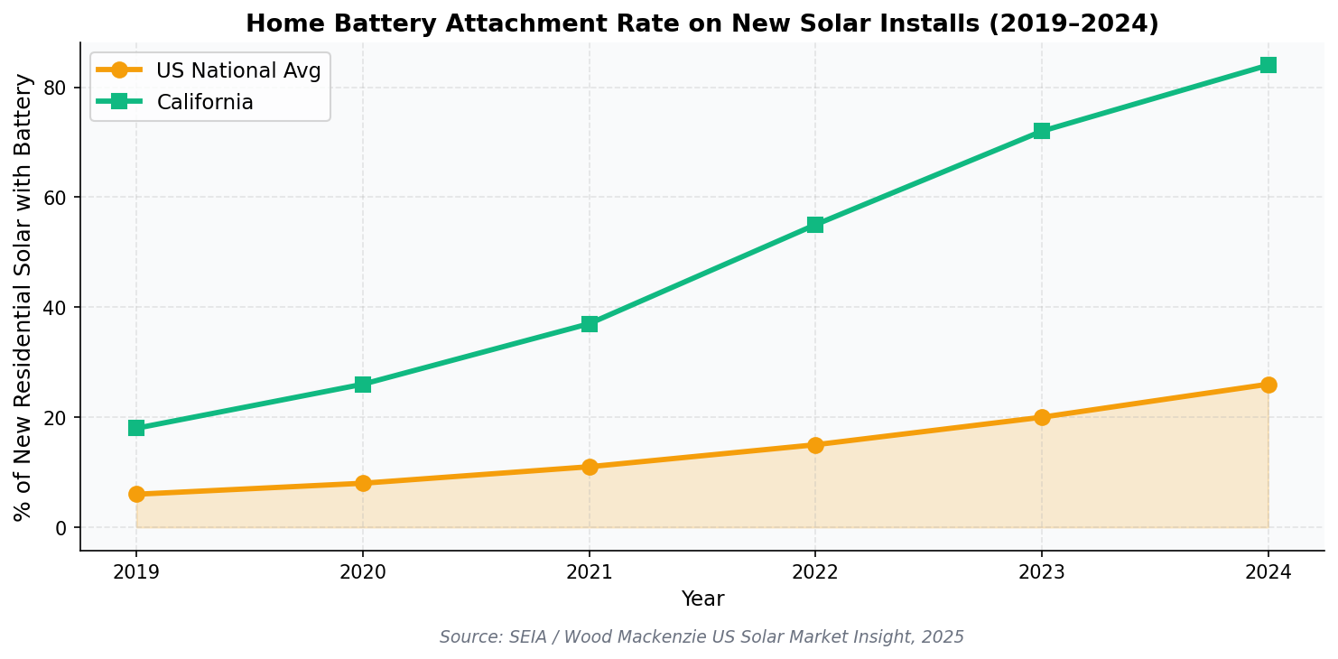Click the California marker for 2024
tap(1268, 65)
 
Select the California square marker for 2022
tap(815, 225)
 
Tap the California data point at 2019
tap(136, 428)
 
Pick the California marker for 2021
tap(590, 324)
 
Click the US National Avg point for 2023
tap(1042, 417)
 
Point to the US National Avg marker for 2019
tap(136, 494)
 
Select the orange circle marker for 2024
tap(1268, 385)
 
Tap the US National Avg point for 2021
tap(590, 467)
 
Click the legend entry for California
tap(205, 103)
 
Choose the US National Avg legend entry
tap(238, 71)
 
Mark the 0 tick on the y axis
tap(61, 528)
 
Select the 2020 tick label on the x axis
tap(363, 572)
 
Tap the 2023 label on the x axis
tap(1042, 572)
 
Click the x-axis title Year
tap(702, 599)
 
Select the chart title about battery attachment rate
tap(702, 24)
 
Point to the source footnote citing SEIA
tap(702, 637)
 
